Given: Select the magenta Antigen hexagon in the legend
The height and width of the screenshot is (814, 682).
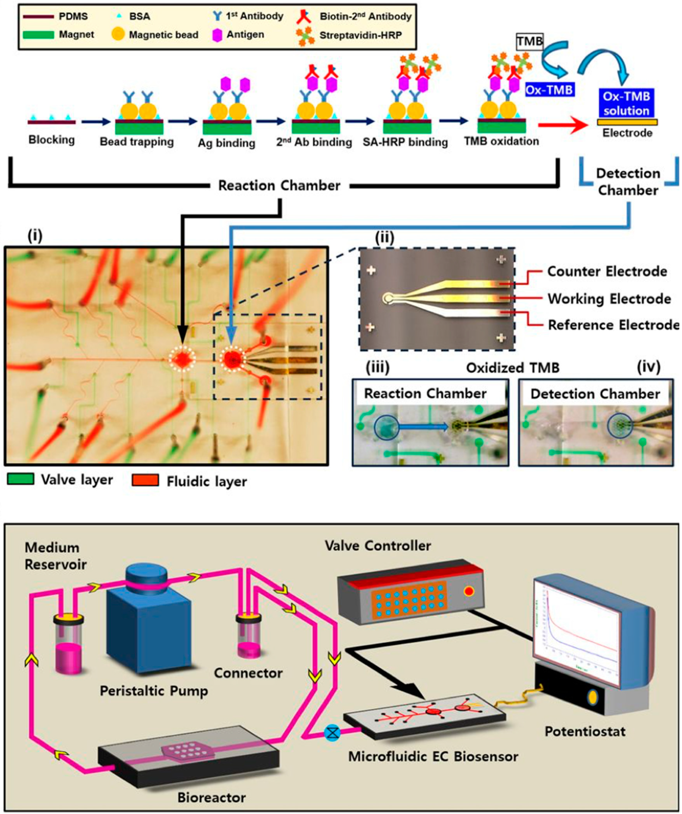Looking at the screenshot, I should tap(218, 35).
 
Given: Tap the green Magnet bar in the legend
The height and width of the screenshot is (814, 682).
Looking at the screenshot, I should tap(38, 35).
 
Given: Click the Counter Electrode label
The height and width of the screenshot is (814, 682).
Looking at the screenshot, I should tap(607, 272).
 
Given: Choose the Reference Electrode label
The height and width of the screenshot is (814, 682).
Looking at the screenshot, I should tap(613, 325).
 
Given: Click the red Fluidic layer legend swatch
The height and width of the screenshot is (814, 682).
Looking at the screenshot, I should tap(145, 480).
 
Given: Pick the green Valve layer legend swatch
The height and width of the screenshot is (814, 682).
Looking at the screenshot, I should tap(21, 479).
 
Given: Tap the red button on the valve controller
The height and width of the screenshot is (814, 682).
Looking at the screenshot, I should tap(469, 591).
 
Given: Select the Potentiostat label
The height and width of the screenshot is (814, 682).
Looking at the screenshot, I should tap(585, 731).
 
